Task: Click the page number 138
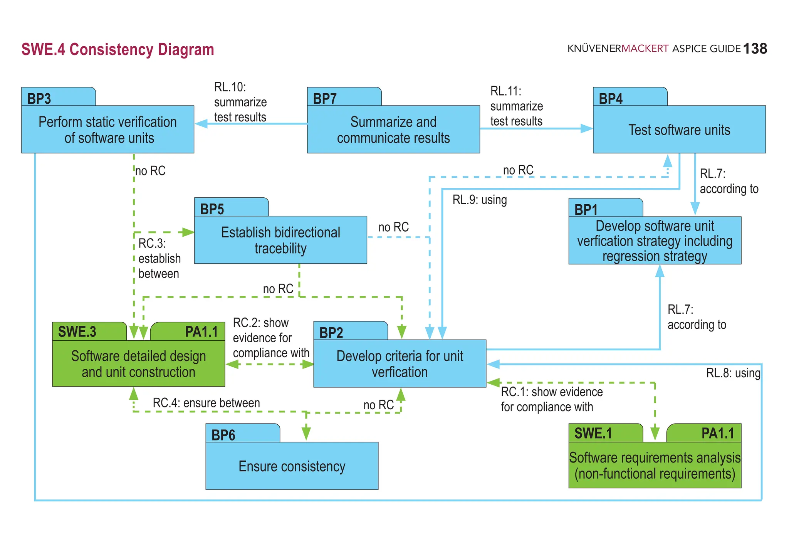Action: (x=755, y=49)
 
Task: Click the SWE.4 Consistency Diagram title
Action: (x=118, y=50)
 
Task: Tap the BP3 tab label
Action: (x=39, y=99)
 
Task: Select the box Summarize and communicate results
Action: (x=393, y=129)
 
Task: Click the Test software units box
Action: (x=679, y=130)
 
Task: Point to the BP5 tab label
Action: (x=212, y=209)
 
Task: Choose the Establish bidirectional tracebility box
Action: (x=280, y=240)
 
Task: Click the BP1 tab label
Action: (x=586, y=210)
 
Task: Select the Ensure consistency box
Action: (x=292, y=466)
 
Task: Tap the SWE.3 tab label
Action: (x=77, y=332)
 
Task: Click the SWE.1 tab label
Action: (x=593, y=433)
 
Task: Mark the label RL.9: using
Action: (x=479, y=200)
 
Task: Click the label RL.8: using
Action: (x=733, y=373)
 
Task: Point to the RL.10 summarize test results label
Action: (x=240, y=102)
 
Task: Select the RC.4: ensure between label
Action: (x=206, y=403)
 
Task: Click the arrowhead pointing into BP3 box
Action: (x=201, y=124)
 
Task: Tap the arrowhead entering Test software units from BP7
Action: (x=586, y=129)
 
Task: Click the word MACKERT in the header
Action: (x=645, y=49)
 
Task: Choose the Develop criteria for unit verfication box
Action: (x=400, y=363)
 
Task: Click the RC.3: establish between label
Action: (x=159, y=258)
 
